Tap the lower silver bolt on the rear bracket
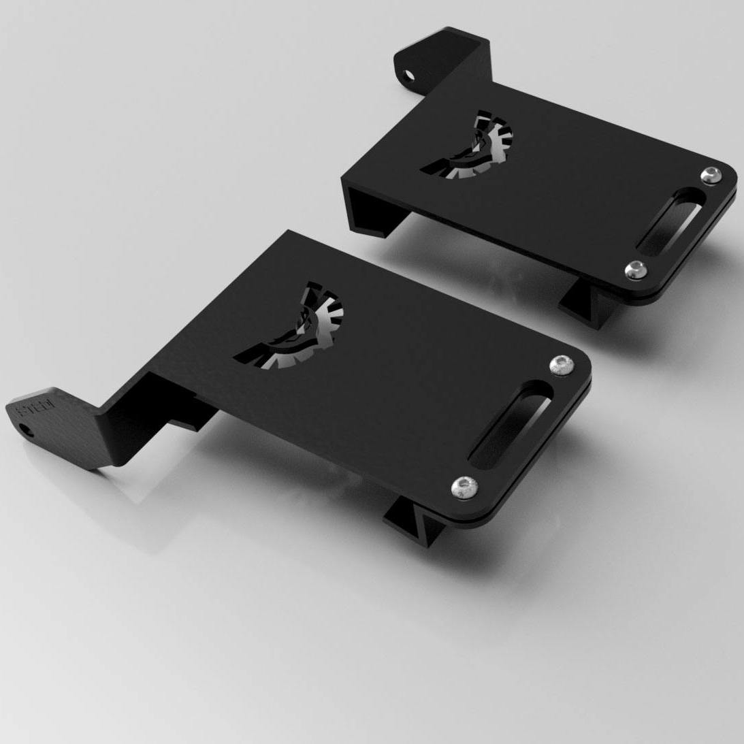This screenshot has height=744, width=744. [x=636, y=270]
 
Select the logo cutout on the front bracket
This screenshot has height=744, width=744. [x=295, y=331]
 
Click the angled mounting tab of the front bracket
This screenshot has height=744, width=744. [x=54, y=425]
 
